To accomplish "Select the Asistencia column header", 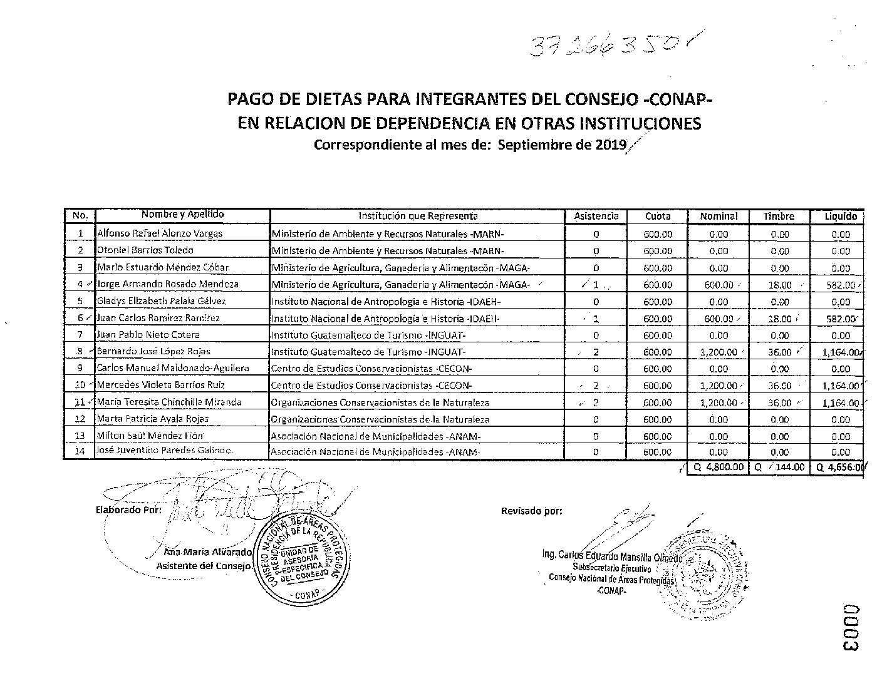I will click(x=596, y=216).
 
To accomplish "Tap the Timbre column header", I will click(x=779, y=216).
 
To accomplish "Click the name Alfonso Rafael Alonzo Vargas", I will click(x=160, y=233).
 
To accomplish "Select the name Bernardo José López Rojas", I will click(x=153, y=352).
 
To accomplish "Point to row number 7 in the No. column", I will click(x=80, y=335).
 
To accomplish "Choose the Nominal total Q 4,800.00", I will click(x=718, y=467).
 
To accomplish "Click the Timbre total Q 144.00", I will click(x=780, y=467).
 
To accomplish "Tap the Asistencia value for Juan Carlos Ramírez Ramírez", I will click(x=596, y=319).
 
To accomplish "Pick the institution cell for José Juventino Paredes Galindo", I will click(x=376, y=452).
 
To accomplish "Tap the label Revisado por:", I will click(x=531, y=511).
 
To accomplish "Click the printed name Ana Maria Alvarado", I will click(x=207, y=553).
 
